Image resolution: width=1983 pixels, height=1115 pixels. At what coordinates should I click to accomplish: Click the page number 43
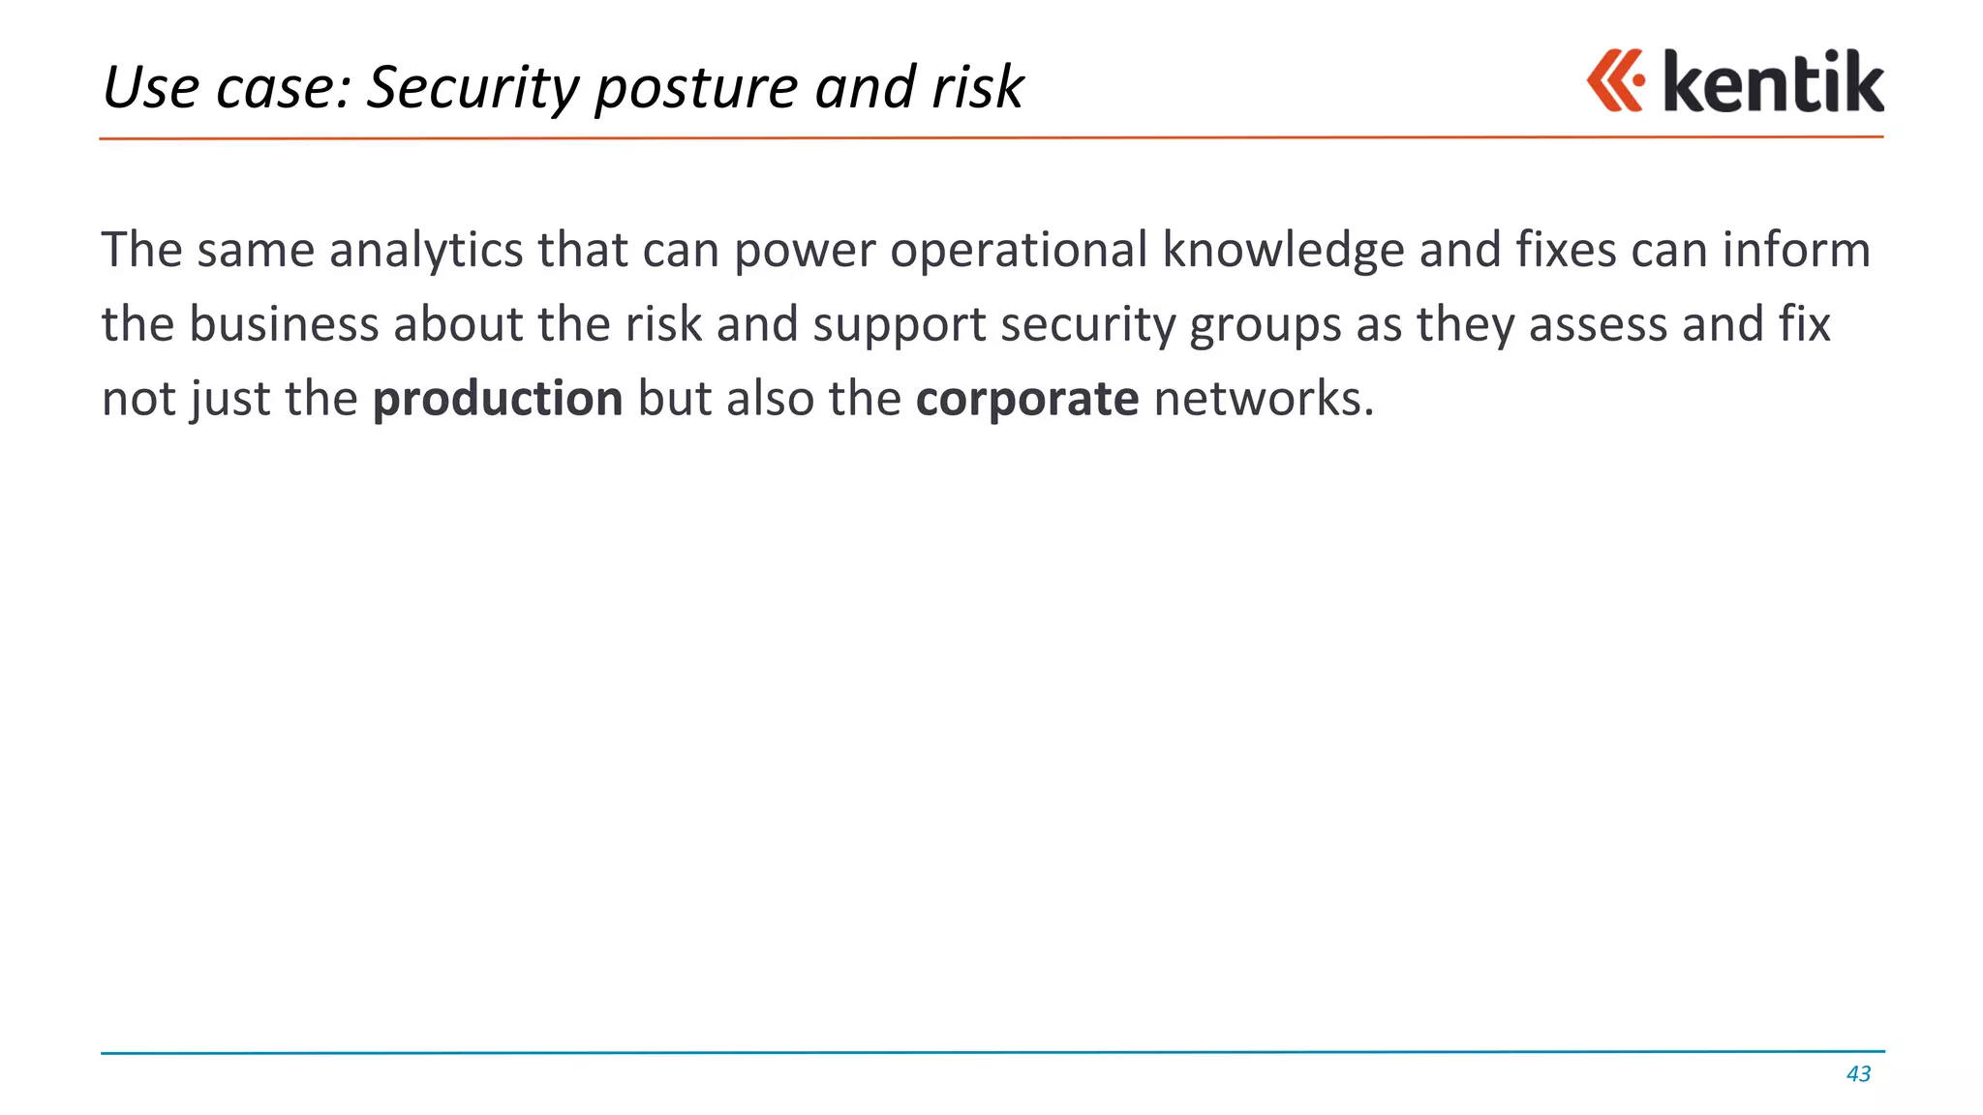[1858, 1073]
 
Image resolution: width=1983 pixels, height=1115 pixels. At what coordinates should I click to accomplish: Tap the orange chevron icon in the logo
[1615, 80]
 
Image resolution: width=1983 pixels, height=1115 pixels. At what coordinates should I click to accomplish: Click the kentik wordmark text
[1773, 82]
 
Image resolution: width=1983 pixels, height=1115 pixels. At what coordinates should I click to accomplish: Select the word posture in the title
[696, 88]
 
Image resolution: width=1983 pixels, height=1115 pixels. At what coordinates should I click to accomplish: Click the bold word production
[498, 399]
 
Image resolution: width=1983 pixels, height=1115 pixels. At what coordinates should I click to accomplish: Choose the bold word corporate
[1027, 399]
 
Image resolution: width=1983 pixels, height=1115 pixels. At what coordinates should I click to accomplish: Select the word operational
[1019, 250]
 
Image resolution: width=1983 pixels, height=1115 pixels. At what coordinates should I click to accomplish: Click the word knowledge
[1283, 250]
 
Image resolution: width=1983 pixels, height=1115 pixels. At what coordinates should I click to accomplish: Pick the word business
[284, 324]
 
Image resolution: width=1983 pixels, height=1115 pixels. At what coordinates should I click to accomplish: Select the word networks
[1264, 399]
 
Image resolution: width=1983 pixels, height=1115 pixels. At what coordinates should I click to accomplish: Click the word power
[805, 252]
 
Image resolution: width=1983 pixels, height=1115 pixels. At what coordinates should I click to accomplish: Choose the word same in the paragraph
[256, 250]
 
